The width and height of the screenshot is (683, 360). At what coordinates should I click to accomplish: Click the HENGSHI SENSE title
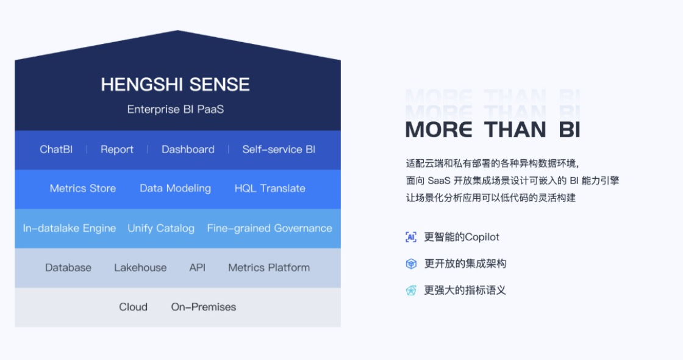[175, 85]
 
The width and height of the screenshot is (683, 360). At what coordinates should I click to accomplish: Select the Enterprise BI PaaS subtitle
[176, 109]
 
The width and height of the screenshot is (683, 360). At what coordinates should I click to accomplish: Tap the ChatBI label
[56, 149]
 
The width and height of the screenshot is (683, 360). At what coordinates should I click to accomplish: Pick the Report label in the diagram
[116, 149]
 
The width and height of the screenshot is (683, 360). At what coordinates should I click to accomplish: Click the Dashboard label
[188, 149]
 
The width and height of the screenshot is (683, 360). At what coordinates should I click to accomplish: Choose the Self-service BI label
[279, 149]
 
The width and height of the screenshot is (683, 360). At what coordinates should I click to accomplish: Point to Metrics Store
[83, 189]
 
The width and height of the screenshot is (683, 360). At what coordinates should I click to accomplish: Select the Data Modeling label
[175, 189]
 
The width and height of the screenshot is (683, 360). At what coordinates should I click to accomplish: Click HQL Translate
[270, 189]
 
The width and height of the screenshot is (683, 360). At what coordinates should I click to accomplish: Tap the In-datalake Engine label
[70, 228]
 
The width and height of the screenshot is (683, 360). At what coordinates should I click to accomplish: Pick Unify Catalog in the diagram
[161, 228]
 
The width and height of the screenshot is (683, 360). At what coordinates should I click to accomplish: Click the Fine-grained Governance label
[270, 228]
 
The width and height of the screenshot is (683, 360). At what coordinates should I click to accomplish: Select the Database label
[68, 268]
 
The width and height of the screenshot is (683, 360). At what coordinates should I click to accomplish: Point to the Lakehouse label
[140, 268]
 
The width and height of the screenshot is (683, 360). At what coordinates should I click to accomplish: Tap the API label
[198, 268]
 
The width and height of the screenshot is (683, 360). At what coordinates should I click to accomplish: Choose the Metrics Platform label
[269, 268]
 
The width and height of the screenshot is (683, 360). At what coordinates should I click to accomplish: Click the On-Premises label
[204, 307]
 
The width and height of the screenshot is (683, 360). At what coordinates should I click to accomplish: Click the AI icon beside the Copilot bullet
[411, 237]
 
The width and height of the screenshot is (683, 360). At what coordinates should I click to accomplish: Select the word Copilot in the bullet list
[481, 237]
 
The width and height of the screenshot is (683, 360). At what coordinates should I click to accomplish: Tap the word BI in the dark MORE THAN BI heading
[570, 129]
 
